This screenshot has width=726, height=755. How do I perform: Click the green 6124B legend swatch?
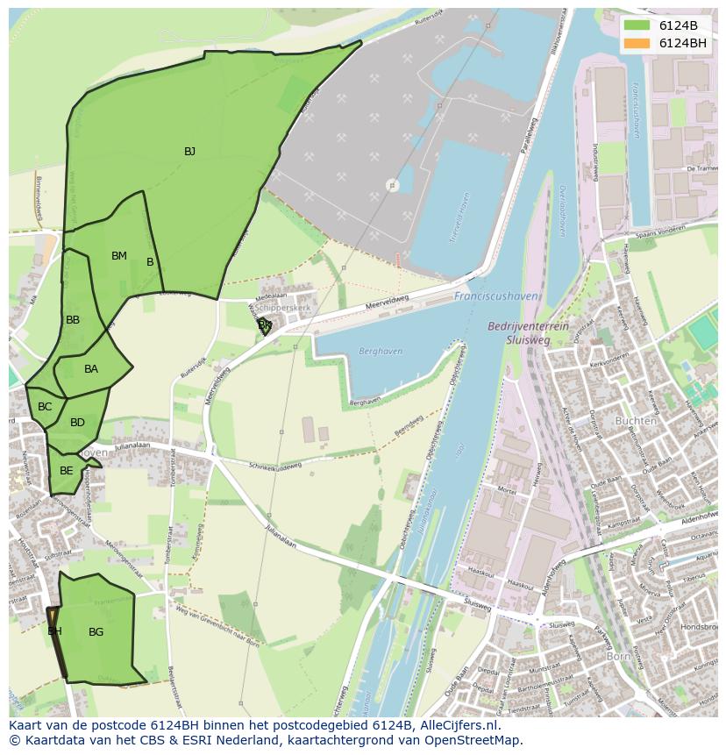pyautogui.click(x=637, y=25)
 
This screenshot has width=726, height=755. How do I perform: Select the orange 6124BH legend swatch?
pyautogui.click(x=637, y=43)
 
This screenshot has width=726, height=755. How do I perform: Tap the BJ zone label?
pyautogui.click(x=189, y=152)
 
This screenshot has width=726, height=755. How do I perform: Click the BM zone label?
pyautogui.click(x=119, y=256)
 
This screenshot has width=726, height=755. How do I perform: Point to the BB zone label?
pyautogui.click(x=73, y=320)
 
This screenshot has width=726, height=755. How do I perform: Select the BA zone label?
pyautogui.click(x=91, y=369)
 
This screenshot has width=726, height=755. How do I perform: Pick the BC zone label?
pyautogui.click(x=45, y=407)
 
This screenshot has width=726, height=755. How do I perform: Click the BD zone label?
pyautogui.click(x=77, y=423)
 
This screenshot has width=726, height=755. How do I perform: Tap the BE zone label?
pyautogui.click(x=67, y=471)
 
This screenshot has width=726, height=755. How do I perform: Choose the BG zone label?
pyautogui.click(x=96, y=631)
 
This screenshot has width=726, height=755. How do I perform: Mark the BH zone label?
pyautogui.click(x=54, y=631)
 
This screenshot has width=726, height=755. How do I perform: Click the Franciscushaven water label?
pyautogui.click(x=495, y=296)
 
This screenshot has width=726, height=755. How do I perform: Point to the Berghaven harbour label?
pyautogui.click(x=381, y=351)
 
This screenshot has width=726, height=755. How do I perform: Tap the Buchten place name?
pyautogui.click(x=636, y=421)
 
